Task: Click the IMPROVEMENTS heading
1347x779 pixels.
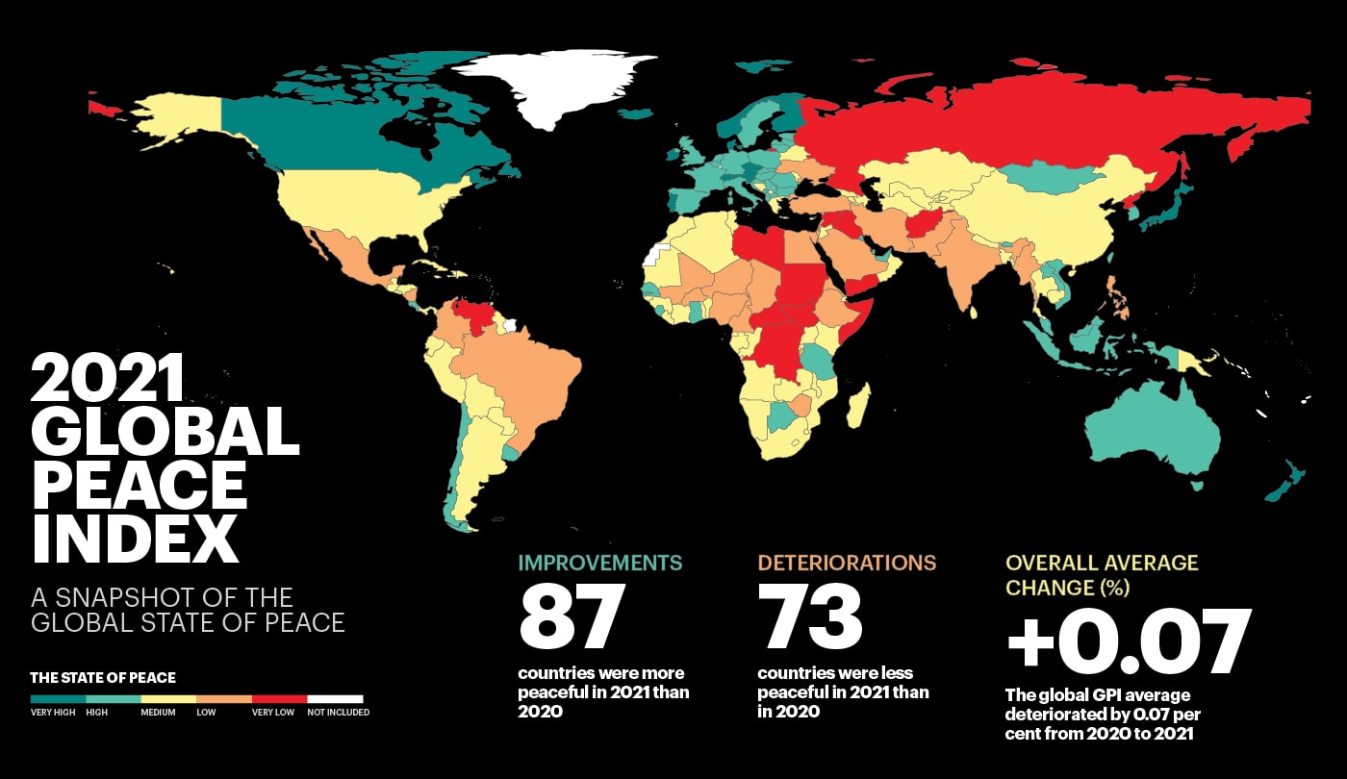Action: tap(600, 563)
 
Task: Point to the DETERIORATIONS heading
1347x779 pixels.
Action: tap(847, 563)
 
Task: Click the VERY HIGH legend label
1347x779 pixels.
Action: tap(53, 713)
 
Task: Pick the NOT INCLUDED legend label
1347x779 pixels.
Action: tap(338, 713)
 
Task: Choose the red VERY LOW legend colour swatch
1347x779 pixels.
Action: tap(279, 699)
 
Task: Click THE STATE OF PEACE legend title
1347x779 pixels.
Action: tap(103, 678)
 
